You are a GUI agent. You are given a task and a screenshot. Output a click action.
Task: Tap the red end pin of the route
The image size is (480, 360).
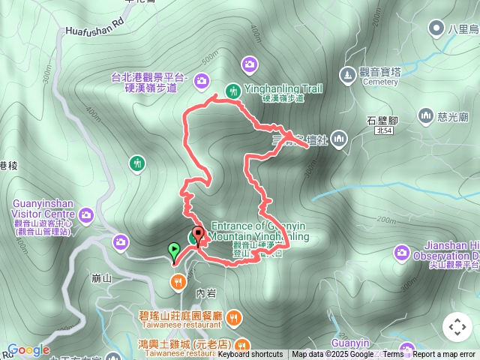point(198,235)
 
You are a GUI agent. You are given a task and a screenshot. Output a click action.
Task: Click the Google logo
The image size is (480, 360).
point(28,349)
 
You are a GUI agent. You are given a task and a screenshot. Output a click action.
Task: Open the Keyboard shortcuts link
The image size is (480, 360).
point(250,355)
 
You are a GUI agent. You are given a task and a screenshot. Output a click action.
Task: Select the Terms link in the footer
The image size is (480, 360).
point(393,355)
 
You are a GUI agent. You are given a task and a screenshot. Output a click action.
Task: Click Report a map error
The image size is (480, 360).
point(445,355)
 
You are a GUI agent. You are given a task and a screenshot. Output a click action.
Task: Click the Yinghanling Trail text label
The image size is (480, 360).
point(283,88)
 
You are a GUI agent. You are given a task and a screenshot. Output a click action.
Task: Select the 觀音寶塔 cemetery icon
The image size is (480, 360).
point(346,74)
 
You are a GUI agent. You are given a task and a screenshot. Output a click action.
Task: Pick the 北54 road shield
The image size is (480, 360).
point(384,130)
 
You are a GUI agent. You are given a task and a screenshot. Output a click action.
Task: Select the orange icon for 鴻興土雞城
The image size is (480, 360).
point(241,345)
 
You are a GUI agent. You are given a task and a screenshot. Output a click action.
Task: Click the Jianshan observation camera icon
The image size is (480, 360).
point(401,252)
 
